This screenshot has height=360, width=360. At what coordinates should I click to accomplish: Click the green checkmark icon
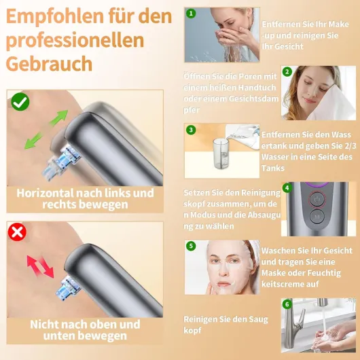click(x=20, y=102)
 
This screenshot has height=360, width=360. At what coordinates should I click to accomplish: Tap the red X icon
click(x=17, y=232)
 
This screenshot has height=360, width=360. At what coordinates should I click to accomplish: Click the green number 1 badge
click(x=191, y=14)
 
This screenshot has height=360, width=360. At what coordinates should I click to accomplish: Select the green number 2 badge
click(x=287, y=71)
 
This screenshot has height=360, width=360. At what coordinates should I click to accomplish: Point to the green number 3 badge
click(x=191, y=130)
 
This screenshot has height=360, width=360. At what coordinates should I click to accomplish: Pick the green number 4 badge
click(x=287, y=188)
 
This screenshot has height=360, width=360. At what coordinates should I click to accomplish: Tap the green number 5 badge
click(x=191, y=246)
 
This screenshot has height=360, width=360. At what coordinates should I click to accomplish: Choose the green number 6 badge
click(x=287, y=304)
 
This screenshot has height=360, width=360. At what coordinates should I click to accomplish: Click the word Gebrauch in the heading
click(x=49, y=64)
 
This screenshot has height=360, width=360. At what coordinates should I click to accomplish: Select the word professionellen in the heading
click(x=75, y=40)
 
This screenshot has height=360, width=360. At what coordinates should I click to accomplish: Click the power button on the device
click(x=317, y=199)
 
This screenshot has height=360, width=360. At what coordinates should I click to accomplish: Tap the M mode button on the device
click(x=317, y=217)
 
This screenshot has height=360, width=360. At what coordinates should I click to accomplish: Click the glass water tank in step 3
click(x=221, y=154)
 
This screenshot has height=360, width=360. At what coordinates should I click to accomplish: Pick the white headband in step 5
click(x=254, y=250)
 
